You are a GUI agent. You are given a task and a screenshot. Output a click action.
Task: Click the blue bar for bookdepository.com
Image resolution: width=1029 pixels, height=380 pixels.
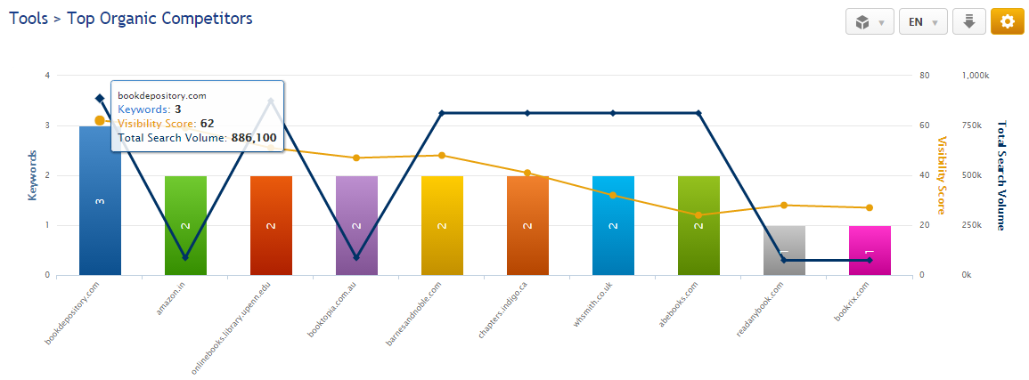coord(100,214)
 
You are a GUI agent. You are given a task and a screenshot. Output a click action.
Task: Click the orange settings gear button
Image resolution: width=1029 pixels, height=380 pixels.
coord(1007,21)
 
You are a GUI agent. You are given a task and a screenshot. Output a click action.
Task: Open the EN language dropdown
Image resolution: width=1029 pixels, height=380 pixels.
coord(922,21)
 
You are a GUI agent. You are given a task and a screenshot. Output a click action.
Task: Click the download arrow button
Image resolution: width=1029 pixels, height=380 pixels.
coord(968,21)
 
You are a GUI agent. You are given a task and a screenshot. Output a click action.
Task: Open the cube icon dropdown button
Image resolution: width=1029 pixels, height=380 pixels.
coord(869,21)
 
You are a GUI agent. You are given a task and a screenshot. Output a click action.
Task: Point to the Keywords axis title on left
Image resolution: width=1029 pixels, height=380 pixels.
coord(33,175)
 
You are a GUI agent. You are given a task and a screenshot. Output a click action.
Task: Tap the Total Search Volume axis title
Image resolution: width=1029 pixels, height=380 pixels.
coord(1000,175)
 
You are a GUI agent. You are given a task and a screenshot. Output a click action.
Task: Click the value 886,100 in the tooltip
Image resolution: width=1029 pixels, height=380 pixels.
coord(254,138)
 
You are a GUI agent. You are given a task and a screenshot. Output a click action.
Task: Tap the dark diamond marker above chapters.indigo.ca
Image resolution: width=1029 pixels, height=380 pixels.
coord(527,113)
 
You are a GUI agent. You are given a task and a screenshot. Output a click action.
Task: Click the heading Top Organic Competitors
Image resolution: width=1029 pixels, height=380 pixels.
coord(159,18)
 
